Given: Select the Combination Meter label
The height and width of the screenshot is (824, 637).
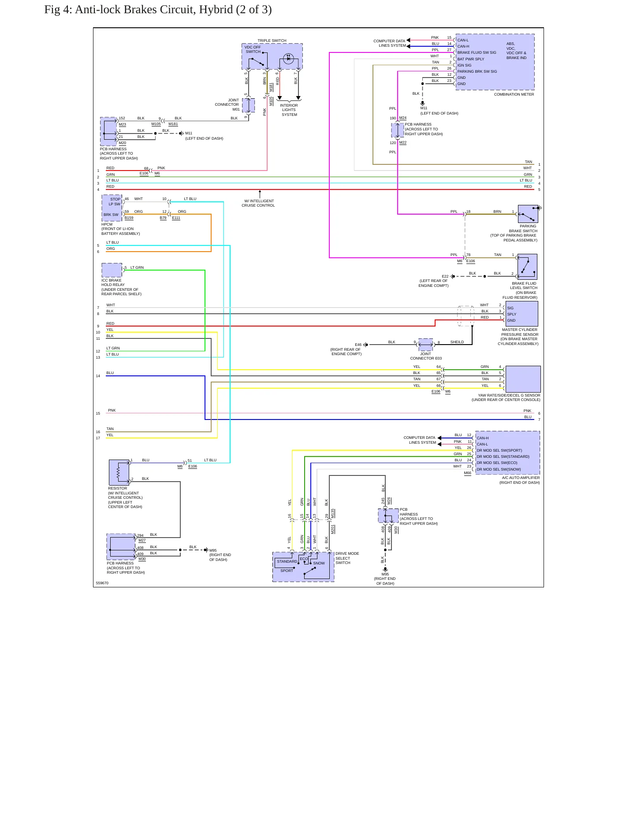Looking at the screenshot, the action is point(514,94).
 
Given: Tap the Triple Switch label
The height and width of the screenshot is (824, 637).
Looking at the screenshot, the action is point(272,41).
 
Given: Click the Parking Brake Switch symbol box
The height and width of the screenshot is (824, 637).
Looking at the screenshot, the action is point(528,214).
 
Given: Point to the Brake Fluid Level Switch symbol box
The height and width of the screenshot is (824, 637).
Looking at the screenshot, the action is point(527,267).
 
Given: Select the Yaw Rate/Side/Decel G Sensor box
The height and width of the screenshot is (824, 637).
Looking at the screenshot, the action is point(523,379).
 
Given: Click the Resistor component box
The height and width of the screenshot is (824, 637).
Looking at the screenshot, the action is point(119,472).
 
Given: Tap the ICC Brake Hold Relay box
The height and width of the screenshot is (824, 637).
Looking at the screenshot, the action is point(112,270).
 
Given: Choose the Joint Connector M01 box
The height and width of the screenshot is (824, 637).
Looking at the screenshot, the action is point(248,105).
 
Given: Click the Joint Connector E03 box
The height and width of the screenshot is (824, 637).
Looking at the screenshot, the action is point(425,344).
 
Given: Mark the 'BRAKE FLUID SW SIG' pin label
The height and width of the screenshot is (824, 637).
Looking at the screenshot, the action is point(477,52).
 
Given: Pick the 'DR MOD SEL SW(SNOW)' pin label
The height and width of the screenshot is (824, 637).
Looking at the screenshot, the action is point(499,469).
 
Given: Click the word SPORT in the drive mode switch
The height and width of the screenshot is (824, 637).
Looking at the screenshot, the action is point(287,571).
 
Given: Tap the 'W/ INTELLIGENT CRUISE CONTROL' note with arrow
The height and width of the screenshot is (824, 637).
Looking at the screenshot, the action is point(258,203).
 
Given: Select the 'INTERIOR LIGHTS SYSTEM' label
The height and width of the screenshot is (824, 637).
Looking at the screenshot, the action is point(289,110).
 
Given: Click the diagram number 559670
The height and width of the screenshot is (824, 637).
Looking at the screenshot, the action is point(102,583).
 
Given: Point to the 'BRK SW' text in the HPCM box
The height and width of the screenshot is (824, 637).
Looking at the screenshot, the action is point(111,215).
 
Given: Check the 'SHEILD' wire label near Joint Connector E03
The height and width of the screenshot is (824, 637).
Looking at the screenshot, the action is point(457,342).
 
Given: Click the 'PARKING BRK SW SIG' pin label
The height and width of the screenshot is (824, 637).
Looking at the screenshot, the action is point(477,71).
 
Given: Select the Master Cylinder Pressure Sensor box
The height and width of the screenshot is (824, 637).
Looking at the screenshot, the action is point(522,314).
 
